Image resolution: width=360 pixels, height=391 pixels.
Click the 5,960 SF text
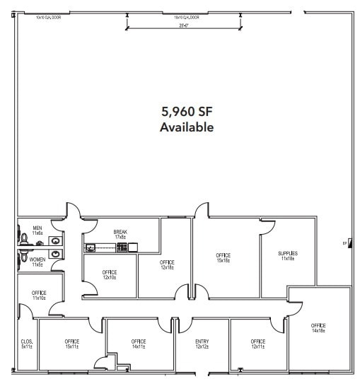(187, 111)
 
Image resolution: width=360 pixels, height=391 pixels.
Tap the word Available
(187, 128)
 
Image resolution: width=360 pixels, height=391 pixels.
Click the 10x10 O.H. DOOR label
(48, 17)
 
